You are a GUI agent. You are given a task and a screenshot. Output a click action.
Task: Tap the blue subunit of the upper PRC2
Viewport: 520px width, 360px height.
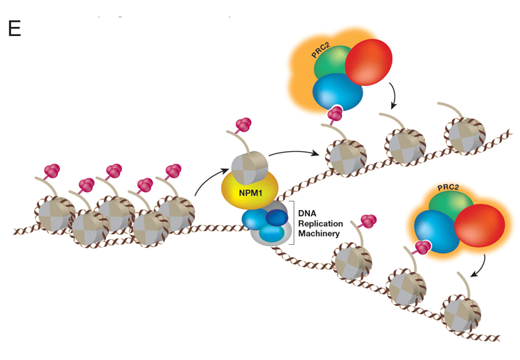[x=338, y=93]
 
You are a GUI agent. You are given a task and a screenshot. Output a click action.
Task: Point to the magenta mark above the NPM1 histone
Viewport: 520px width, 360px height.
[x=243, y=125]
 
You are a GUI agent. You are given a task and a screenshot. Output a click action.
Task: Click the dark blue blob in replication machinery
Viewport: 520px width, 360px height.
[x=277, y=218]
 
